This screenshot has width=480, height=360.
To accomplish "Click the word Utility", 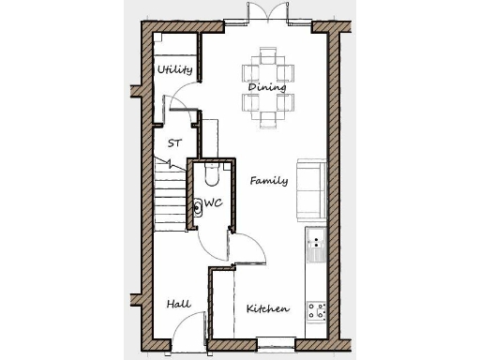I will pyautogui.click(x=175, y=69).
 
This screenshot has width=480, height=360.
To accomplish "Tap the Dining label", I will pyautogui.click(x=268, y=87).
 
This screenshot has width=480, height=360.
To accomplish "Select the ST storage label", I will pyautogui.click(x=174, y=143).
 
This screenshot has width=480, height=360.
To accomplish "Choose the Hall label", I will pyautogui.click(x=178, y=305).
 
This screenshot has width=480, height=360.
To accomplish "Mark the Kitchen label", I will pyautogui.click(x=267, y=308).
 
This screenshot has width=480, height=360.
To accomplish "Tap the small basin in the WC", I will pyautogui.click(x=198, y=208).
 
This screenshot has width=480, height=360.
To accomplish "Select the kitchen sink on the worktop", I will pyautogui.click(x=317, y=247).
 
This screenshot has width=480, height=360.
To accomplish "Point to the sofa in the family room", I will pyautogui.click(x=310, y=186).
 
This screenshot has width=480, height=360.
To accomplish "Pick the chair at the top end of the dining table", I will pyautogui.click(x=269, y=58).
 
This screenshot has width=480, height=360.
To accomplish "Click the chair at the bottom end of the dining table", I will pyautogui.click(x=269, y=117).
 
